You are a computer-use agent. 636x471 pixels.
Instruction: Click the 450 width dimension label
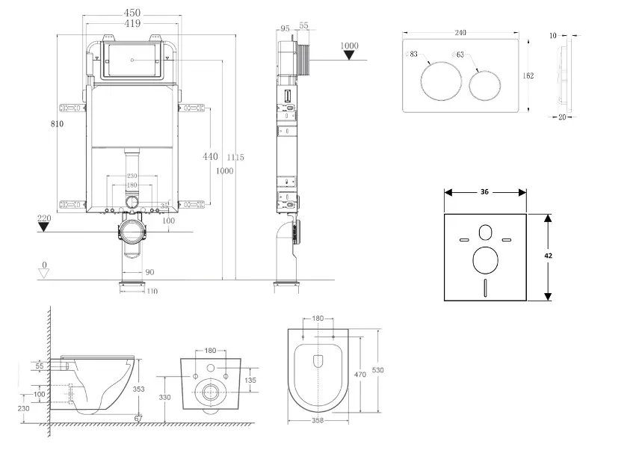[132, 13]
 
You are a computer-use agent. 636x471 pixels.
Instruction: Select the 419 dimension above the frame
[132, 23]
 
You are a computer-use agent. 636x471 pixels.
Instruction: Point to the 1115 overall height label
[236, 157]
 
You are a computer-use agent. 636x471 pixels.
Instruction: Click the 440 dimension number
[211, 156]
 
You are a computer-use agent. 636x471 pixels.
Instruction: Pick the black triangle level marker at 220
[44, 227]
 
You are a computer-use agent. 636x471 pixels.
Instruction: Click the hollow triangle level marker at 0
[44, 273]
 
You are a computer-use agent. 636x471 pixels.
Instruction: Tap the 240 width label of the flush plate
[460, 33]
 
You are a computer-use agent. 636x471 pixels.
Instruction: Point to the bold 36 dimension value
[484, 192]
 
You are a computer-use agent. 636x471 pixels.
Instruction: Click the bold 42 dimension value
[548, 256]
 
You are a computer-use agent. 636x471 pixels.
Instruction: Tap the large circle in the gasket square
[486, 262]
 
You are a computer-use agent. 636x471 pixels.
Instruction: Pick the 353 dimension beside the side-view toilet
[138, 389]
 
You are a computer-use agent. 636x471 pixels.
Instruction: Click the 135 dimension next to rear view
[250, 381]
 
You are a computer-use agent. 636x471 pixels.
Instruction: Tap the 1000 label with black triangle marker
[349, 46]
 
